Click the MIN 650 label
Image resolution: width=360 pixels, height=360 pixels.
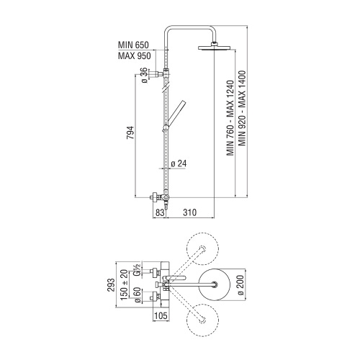133,45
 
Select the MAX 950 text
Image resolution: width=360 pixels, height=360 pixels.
135,55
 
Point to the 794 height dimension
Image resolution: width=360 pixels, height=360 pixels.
130,132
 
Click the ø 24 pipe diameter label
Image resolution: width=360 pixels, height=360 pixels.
179,163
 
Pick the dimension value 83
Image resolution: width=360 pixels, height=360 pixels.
159,212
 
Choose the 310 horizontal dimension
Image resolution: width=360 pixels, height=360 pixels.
189,212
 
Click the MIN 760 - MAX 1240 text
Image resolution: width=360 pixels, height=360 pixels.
230,118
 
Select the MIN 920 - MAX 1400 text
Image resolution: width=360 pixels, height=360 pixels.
242,108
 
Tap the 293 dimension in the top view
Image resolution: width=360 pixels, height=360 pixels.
111,285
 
